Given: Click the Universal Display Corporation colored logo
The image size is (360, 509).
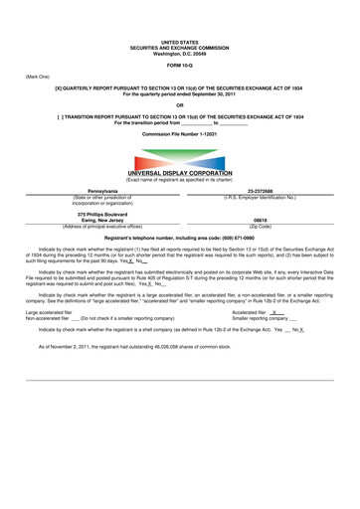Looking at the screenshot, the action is coord(179,159).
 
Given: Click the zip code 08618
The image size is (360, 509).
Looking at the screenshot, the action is coord(261,220).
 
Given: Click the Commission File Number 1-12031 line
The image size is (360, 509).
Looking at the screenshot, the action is coord(179,132).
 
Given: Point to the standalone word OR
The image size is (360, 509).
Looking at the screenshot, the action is coord(179,105).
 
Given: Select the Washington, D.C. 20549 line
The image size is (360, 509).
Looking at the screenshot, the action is coord(179,53).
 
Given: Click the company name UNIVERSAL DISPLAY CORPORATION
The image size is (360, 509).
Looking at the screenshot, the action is coord(179,174).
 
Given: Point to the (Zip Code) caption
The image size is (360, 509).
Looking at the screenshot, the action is coord(261,226).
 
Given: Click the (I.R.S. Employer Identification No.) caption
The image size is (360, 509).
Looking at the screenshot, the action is coord(261,196).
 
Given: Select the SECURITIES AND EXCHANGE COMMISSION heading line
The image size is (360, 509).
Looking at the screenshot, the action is coord(179,47).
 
